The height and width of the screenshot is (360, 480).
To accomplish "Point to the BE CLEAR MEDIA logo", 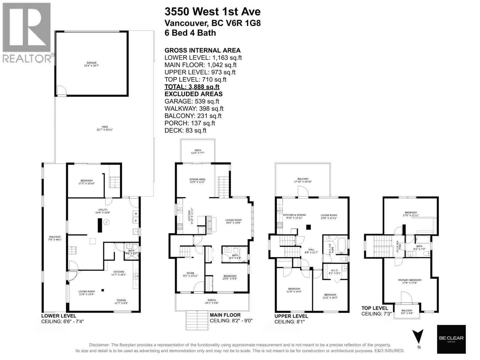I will click(451, 339).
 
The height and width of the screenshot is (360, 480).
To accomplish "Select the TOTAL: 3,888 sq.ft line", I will click(192, 87).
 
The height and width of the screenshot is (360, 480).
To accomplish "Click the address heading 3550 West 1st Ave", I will click(212, 12).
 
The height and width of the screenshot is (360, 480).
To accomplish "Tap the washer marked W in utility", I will click(136, 214).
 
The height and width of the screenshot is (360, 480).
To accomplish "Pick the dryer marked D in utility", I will click(136, 221).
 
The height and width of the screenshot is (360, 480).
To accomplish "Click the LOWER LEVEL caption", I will click(58, 316).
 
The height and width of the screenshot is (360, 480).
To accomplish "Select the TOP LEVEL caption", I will click(375, 308).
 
